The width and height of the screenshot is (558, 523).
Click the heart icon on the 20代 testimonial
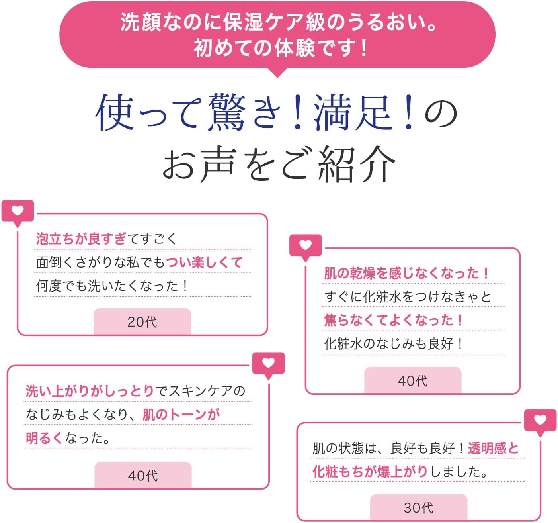pyautogui.click(x=18, y=211)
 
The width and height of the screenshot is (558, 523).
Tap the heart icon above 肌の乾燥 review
pyautogui.click(x=305, y=245)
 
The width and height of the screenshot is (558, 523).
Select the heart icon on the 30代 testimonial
pyautogui.click(x=540, y=420)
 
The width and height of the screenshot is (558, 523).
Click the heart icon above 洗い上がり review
pyautogui.click(x=269, y=363)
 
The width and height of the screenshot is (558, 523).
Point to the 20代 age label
pyautogui.click(x=142, y=321)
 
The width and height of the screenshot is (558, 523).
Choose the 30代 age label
pyautogui.click(x=418, y=507)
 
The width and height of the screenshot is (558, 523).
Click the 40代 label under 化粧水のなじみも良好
pyautogui.click(x=413, y=380)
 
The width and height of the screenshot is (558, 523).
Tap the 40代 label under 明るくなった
pyautogui.click(x=143, y=475)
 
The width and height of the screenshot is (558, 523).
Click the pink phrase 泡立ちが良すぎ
pyautogui.click(x=81, y=239)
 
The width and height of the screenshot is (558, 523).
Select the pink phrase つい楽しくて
pyautogui.click(x=204, y=262)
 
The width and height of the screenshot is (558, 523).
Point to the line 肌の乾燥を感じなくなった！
pyautogui.click(x=406, y=273)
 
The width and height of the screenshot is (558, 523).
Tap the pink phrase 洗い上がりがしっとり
pyautogui.click(x=90, y=391)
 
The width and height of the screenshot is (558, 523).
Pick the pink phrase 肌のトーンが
pyautogui.click(x=181, y=415)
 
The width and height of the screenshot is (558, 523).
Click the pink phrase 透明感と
pyautogui.click(x=493, y=448)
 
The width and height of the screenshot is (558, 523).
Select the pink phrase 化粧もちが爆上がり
pyautogui.click(x=370, y=472)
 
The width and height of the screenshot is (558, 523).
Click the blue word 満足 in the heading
pyautogui.click(x=352, y=113)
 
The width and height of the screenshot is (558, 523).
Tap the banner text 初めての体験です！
pyautogui.click(x=281, y=48)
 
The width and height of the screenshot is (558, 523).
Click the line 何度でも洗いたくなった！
pyautogui.click(x=111, y=286)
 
